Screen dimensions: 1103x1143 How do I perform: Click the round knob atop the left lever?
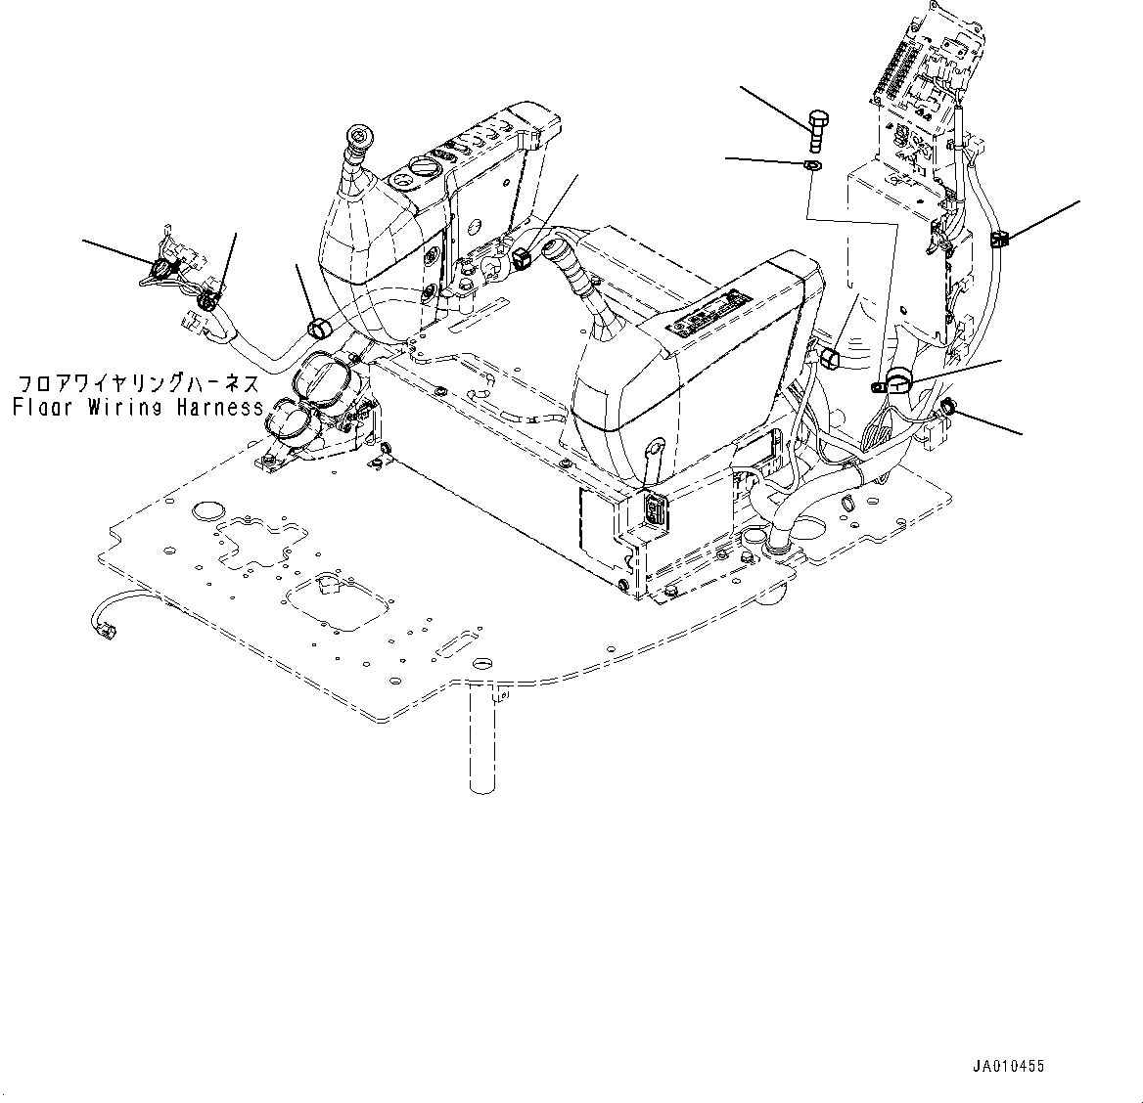[x=359, y=139]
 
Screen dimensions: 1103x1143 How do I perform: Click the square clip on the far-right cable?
[x=999, y=238]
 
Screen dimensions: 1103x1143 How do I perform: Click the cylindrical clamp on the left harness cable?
[x=317, y=328]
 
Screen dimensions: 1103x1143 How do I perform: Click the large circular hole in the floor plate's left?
[x=207, y=510]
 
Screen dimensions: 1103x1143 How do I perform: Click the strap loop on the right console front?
[x=654, y=457]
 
